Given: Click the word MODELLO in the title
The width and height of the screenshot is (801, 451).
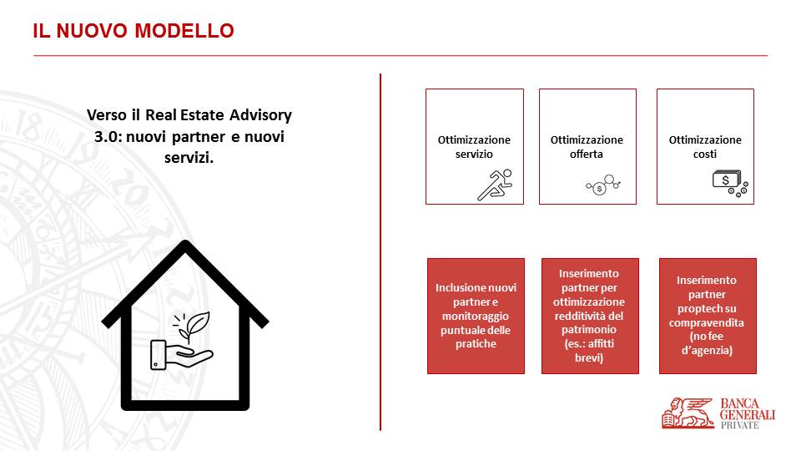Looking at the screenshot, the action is pyautogui.click(x=184, y=31).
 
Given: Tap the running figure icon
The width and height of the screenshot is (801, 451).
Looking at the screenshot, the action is pyautogui.click(x=495, y=185).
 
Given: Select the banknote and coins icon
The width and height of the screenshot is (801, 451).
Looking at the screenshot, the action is pyautogui.click(x=730, y=184).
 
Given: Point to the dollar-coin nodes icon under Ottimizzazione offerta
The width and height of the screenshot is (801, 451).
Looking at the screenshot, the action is pyautogui.click(x=602, y=185).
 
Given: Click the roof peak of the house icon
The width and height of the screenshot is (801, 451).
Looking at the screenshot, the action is pyautogui.click(x=185, y=243).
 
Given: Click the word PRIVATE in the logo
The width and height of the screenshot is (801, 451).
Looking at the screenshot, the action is pyautogui.click(x=740, y=425).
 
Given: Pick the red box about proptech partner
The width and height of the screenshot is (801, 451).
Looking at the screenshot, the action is pyautogui.click(x=708, y=316).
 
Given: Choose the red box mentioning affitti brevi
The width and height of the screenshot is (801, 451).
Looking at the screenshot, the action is pyautogui.click(x=590, y=316).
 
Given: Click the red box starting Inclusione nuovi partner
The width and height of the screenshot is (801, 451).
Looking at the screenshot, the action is pyautogui.click(x=476, y=316).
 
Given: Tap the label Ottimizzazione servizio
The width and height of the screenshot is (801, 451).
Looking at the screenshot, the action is pyautogui.click(x=474, y=147).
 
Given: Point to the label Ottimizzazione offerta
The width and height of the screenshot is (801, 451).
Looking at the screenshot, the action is pyautogui.click(x=587, y=147).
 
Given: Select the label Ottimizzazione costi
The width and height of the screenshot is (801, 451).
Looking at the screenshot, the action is pyautogui.click(x=705, y=147).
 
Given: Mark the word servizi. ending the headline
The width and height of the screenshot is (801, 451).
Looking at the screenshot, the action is pyautogui.click(x=189, y=158).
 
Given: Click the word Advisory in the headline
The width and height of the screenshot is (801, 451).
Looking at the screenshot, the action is pyautogui.click(x=260, y=115).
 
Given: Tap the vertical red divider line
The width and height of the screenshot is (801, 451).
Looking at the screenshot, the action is pyautogui.click(x=380, y=252).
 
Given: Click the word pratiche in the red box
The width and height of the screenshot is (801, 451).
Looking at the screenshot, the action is pyautogui.click(x=476, y=344).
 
